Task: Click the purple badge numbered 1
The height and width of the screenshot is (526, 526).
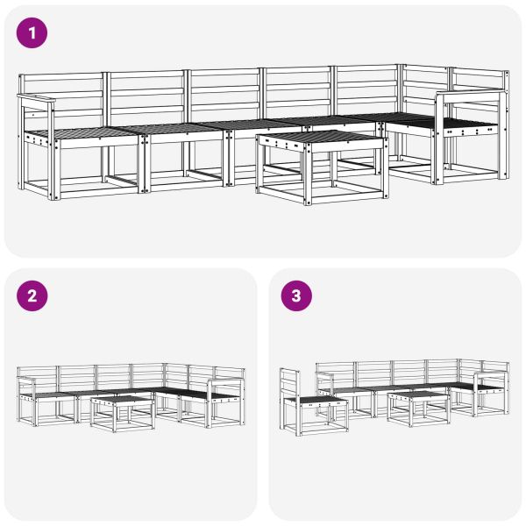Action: [x=32, y=33]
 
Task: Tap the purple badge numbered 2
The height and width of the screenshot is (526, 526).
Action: [x=32, y=296]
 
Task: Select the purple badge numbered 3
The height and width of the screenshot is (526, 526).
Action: [x=296, y=296]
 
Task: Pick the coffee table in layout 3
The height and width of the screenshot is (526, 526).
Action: [x=417, y=408]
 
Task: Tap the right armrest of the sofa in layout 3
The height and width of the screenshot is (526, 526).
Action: [x=491, y=376]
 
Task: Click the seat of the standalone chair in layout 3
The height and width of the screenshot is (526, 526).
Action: [x=316, y=401]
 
